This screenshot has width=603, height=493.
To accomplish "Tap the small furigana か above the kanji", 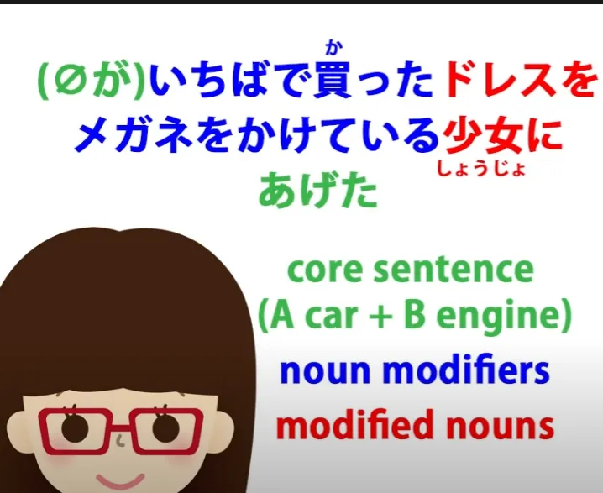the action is click(333, 48).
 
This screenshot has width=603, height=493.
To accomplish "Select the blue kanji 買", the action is click(333, 81).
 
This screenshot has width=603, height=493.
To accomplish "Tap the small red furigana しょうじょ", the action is click(481, 169).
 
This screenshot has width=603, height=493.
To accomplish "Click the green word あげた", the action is click(318, 190).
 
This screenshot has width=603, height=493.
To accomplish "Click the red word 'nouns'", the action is click(496, 427).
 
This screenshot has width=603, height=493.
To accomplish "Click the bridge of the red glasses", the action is click(120, 427).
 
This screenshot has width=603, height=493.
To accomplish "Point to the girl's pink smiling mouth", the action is click(119, 480).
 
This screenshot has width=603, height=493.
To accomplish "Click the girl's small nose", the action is click(121, 441).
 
